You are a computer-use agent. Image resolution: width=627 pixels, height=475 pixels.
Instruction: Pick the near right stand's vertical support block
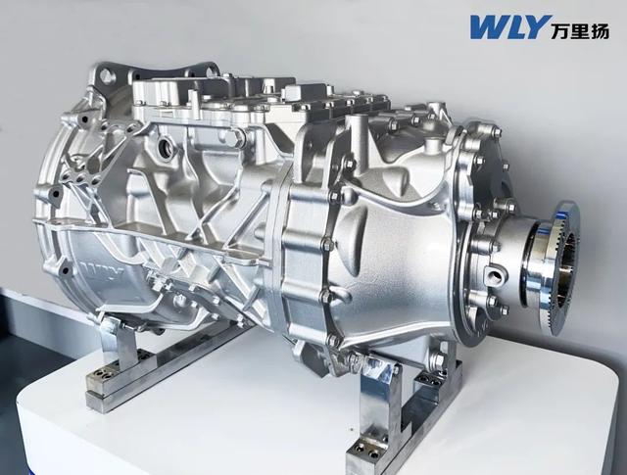pyautogui.click(x=378, y=402)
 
